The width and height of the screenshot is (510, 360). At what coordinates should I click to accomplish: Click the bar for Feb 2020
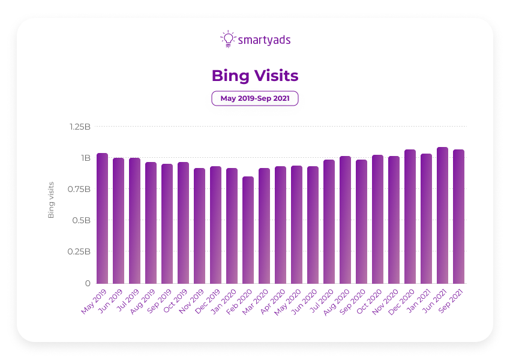point(248,230)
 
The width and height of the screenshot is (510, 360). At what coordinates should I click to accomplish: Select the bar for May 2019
point(102,218)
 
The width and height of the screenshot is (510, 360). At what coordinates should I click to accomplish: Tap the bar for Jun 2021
point(442,215)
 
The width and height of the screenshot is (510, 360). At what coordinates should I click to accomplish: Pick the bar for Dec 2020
point(410,217)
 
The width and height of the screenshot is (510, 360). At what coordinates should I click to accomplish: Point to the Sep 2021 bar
point(458,217)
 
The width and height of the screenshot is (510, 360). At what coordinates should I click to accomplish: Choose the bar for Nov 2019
point(199,226)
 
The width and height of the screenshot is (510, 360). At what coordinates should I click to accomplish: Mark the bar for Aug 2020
point(345,220)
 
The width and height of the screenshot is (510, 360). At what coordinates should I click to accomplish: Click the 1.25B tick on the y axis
point(79,127)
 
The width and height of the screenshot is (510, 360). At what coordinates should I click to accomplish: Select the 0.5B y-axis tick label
point(80,220)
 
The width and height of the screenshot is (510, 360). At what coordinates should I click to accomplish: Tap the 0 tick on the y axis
point(88,283)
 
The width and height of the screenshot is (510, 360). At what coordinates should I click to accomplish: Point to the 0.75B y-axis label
point(79,189)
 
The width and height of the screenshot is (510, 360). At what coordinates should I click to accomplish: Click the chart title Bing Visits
point(255,76)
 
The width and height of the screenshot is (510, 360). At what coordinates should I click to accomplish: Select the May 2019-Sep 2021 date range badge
point(255,98)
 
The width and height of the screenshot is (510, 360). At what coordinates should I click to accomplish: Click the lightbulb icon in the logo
point(228,39)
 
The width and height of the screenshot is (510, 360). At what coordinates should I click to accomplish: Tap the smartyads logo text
point(265,40)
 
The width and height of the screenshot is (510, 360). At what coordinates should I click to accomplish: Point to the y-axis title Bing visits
point(51,199)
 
